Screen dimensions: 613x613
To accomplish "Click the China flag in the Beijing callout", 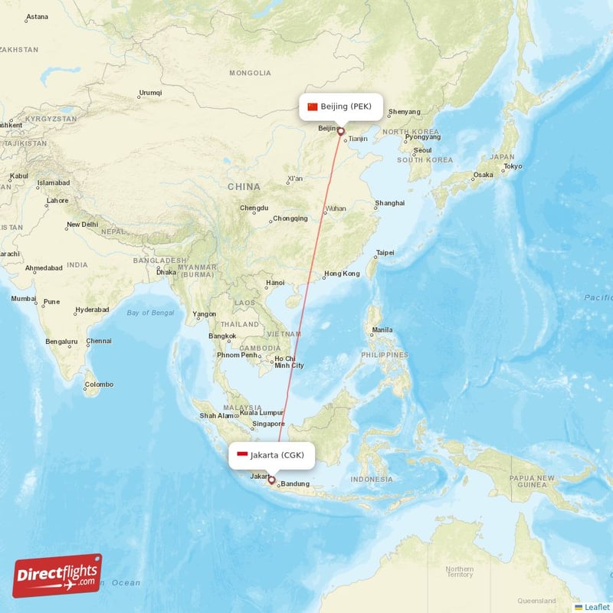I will pyautogui.click(x=312, y=107).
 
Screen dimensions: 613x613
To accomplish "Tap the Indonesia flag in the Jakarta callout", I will pyautogui.click(x=242, y=455).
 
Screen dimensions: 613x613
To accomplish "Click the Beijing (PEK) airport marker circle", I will pyautogui.click(x=341, y=131).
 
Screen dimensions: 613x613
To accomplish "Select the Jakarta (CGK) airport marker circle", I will pyautogui.click(x=271, y=480).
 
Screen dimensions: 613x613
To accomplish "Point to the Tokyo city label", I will pyautogui.click(x=513, y=166).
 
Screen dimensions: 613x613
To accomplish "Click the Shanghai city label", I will pyautogui.click(x=389, y=203).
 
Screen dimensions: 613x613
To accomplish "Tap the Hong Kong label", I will pyautogui.click(x=342, y=274).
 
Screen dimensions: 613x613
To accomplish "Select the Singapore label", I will pyautogui.click(x=269, y=424).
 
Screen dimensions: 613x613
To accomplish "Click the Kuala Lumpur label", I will pyautogui.click(x=261, y=412).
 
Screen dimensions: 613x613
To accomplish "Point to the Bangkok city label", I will pyautogui.click(x=222, y=336).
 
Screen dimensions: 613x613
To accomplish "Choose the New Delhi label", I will pyautogui.click(x=82, y=225).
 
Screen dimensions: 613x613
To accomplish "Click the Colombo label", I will pyautogui.click(x=99, y=384).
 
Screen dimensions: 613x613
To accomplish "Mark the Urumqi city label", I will pyautogui.click(x=150, y=93).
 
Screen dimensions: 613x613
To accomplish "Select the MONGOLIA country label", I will pyautogui.click(x=250, y=73).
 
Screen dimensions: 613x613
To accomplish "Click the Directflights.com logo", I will pyautogui.click(x=57, y=575).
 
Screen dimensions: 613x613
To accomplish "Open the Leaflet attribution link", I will pyautogui.click(x=596, y=607).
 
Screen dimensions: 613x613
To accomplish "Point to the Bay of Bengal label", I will pyautogui.click(x=151, y=313).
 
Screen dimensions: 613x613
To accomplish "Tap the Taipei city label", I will pyautogui.click(x=385, y=252).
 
